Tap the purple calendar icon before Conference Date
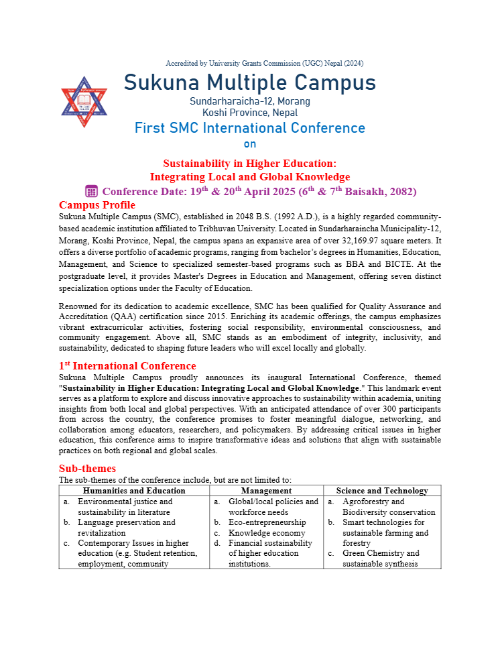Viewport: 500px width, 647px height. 92,191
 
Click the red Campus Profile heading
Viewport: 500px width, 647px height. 97,205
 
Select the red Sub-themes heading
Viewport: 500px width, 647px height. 87,468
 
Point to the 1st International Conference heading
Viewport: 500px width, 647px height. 127,365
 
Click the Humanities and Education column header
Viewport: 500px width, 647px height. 133,491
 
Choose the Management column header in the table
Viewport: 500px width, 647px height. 266,491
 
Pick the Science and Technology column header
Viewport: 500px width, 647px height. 382,491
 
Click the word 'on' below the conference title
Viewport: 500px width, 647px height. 250,143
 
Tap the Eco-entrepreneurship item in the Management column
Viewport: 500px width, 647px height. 267,522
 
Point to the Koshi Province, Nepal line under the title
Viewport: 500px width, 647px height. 250,113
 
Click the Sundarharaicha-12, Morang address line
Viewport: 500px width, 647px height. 250,101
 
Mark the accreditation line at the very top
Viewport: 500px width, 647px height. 264,64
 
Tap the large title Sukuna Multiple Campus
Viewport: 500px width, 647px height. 250,83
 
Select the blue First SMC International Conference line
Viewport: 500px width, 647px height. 250,128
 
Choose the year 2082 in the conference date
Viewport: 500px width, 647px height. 399,192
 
